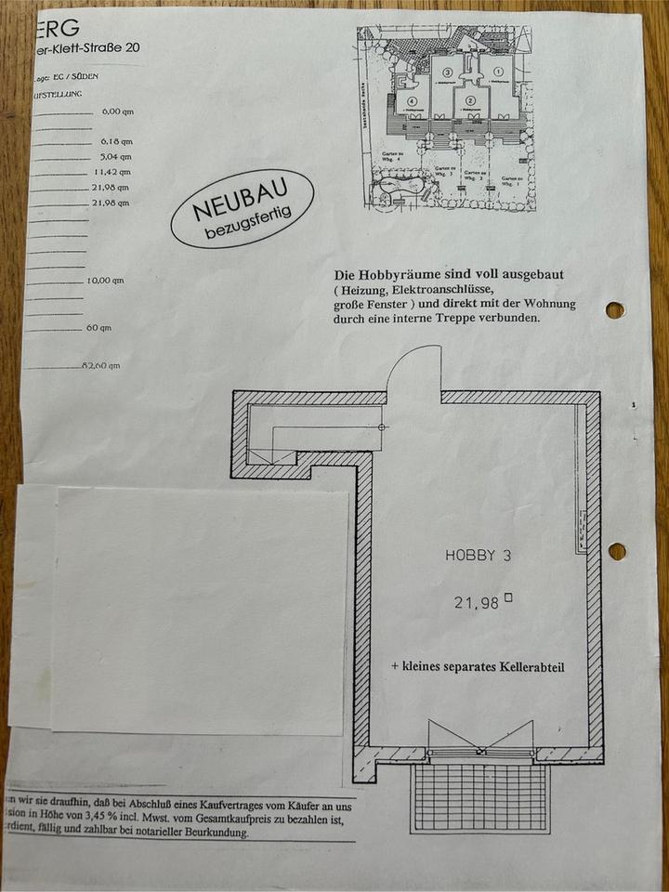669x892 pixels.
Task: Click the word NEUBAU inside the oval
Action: [241, 200]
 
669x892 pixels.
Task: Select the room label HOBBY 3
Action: [479, 556]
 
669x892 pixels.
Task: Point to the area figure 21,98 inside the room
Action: [477, 603]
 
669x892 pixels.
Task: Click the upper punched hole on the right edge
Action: [615, 309]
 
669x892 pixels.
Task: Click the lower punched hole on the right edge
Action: [617, 551]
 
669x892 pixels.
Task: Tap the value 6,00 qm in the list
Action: [118, 111]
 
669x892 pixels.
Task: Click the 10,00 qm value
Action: [105, 280]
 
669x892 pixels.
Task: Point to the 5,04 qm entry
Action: [116, 156]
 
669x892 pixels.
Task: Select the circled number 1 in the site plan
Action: [497, 71]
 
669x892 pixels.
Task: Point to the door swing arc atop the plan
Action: [413, 367]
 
